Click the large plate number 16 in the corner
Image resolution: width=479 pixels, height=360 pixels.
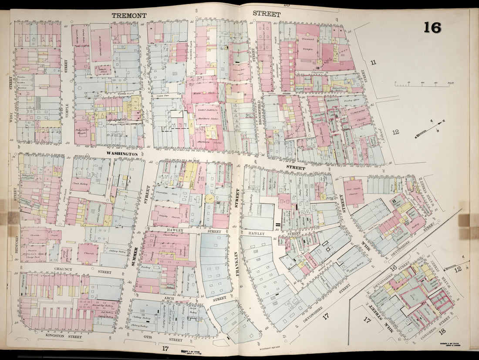(x=432, y=27)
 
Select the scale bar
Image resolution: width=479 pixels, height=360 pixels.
(x=418, y=83)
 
